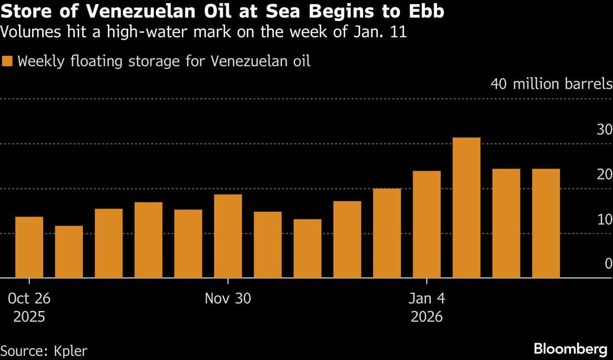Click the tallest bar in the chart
click(x=466, y=208)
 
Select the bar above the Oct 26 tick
click(x=29, y=247)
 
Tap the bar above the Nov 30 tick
click(x=228, y=236)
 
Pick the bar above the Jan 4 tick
click(x=427, y=224)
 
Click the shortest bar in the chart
click(x=69, y=252)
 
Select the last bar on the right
click(x=546, y=223)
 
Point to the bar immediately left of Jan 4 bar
click(x=387, y=233)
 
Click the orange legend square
click(x=8, y=62)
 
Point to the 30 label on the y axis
click(x=604, y=130)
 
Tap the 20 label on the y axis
click(x=604, y=175)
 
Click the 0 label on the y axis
click(x=608, y=264)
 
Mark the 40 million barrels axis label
click(x=551, y=84)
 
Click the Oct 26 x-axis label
click(x=29, y=299)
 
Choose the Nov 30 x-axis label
click(x=228, y=299)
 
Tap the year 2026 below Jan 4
click(x=427, y=317)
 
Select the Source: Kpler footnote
click(x=44, y=351)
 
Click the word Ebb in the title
click(x=426, y=12)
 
